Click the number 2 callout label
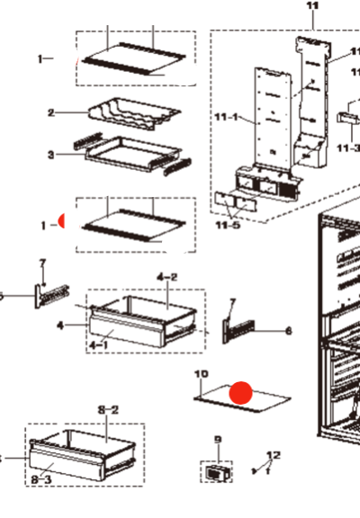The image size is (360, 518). coord(50,112)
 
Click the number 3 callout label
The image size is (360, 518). coord(50,155)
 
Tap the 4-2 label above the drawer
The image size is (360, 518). coord(166,277)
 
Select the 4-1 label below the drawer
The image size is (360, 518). coord(99,345)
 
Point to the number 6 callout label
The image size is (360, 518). coord(289,331)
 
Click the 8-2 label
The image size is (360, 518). coord(108,410)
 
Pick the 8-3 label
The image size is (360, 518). coord(41,479)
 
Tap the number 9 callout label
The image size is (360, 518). coord(218,440)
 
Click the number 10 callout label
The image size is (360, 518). coord(202,374)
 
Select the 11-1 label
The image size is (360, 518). coord(226,117)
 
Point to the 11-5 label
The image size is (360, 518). coord(228,226)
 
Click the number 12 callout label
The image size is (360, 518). coord(274,455)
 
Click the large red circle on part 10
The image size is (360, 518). coord(241,393)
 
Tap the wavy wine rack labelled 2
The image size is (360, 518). coord(134,113)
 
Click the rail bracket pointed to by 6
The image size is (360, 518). coord(238,331)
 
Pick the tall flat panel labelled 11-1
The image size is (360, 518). coord(273,118)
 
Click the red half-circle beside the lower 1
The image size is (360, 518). coord(62,220)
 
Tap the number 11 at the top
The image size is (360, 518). coord(312,5)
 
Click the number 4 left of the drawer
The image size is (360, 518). coord(59,326)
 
